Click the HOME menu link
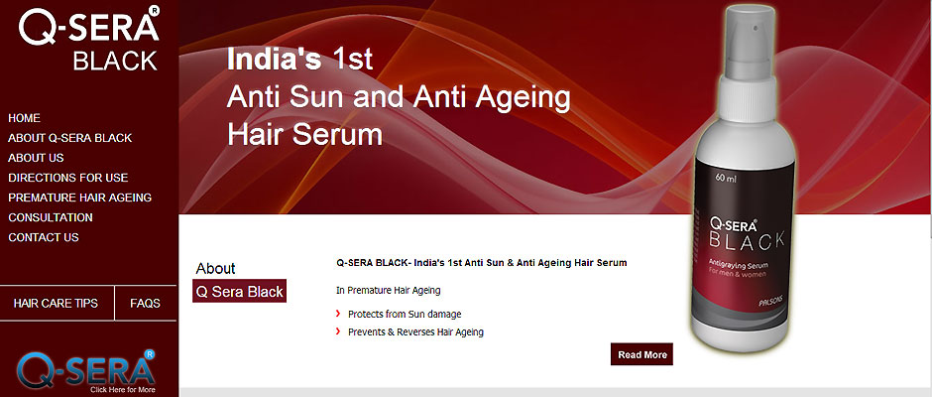coord(25,118)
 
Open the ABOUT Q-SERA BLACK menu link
coord(70,138)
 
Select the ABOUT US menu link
coord(37,158)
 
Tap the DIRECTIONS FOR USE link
coord(68,178)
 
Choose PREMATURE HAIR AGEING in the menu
coord(80,198)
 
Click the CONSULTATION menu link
coord(51,217)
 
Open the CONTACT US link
coord(44,237)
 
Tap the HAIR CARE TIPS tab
coord(56,303)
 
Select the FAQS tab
coord(145,303)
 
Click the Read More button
coord(641,354)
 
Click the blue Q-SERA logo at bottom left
coord(87,372)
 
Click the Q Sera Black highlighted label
coord(240,291)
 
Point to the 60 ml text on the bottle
coord(726,178)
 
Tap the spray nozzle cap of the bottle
coord(749,41)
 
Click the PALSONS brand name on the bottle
coord(772,303)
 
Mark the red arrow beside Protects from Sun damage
coord(338,313)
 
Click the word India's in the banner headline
coord(274,60)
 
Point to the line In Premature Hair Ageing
coord(388,291)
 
